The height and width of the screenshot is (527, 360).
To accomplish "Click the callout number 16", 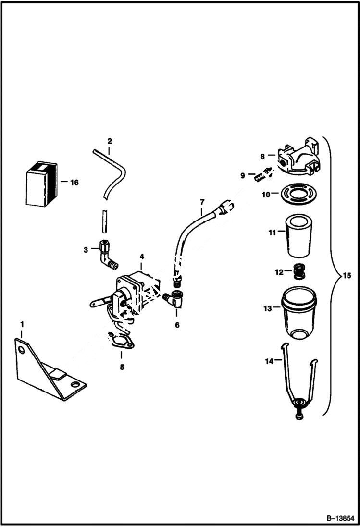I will click(x=74, y=183).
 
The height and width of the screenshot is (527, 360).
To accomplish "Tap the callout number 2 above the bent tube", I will click(x=110, y=141).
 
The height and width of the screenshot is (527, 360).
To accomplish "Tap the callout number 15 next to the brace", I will click(x=347, y=276).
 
